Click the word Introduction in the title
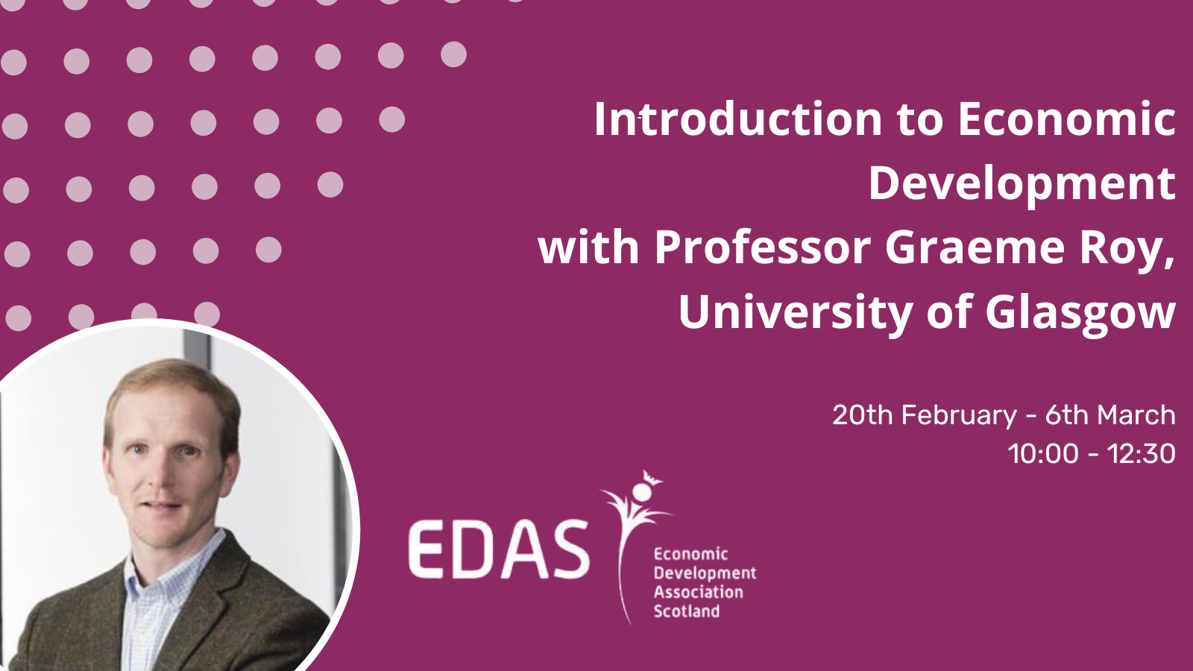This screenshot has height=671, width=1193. (x=738, y=119)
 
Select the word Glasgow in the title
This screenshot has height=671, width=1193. (x=1080, y=314)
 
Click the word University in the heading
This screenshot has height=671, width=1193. (x=796, y=314)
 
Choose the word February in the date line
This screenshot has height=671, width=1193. (x=959, y=416)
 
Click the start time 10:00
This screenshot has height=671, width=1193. (x=1043, y=454)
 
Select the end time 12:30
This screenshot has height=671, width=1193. (x=1142, y=454)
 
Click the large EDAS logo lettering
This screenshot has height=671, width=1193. (x=499, y=549)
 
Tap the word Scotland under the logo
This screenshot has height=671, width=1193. (x=687, y=611)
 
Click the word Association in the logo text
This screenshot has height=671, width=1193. (x=698, y=592)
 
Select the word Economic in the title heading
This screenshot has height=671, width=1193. (x=1067, y=119)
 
